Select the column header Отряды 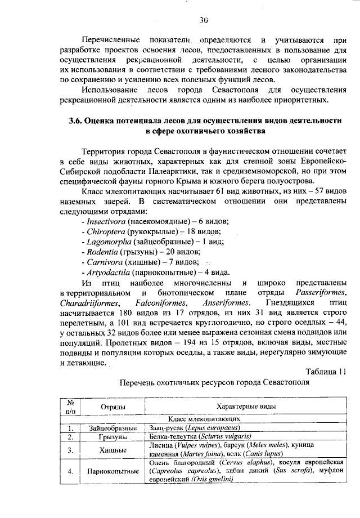click(113, 407)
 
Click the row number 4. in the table click(71, 471)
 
